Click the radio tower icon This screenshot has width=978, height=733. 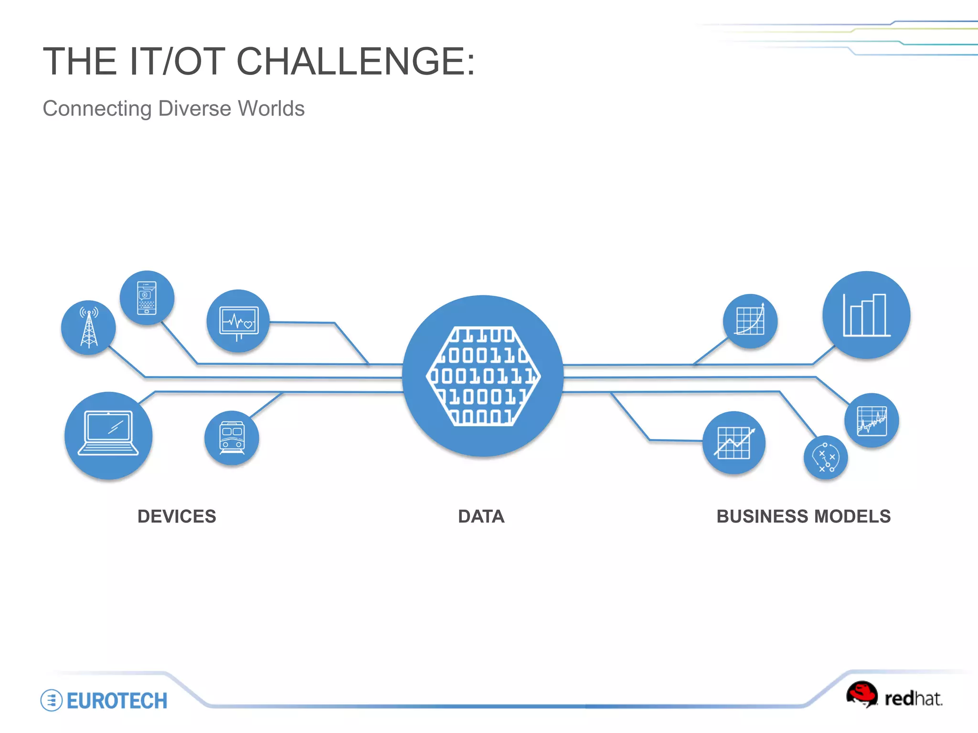click(88, 327)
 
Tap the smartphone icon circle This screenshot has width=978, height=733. click(147, 298)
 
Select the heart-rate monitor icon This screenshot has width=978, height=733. click(238, 321)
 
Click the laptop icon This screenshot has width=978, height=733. click(108, 435)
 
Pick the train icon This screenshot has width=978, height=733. click(232, 438)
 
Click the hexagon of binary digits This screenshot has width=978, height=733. click(483, 376)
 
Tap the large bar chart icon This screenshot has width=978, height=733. click(866, 315)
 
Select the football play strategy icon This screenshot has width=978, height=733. click(826, 457)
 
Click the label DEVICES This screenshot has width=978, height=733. click(177, 516)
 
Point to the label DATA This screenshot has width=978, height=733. click(481, 516)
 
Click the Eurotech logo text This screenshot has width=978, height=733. click(117, 701)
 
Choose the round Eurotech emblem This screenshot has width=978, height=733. click(52, 700)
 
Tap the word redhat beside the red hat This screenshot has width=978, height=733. click(913, 699)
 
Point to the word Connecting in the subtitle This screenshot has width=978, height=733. click(97, 108)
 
